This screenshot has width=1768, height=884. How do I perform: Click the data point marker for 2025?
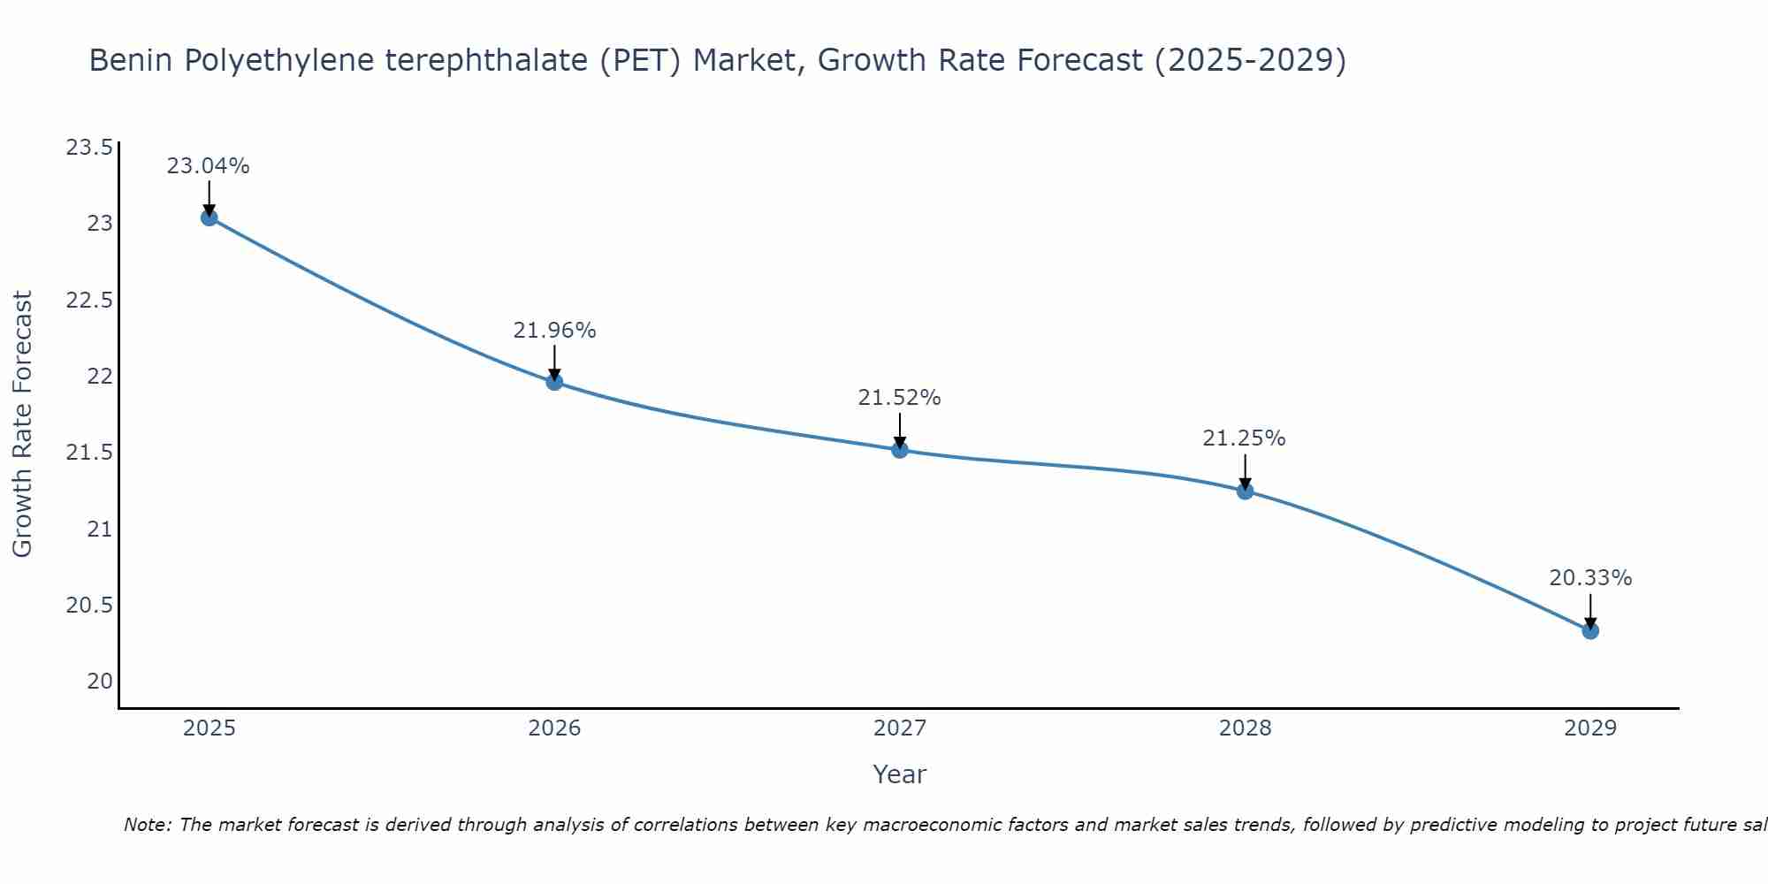click(x=210, y=217)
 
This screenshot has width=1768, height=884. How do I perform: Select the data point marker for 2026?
click(x=554, y=382)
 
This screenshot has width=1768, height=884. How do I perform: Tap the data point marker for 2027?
click(x=900, y=450)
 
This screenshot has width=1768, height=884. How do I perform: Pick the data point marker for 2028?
click(x=1245, y=491)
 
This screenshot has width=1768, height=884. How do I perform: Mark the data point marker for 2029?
click(x=1590, y=630)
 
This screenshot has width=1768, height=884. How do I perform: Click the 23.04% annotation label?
click(x=209, y=166)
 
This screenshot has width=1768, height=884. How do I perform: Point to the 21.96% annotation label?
click(x=554, y=331)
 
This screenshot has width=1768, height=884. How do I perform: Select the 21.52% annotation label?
click(x=900, y=398)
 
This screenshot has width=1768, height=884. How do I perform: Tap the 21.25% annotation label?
click(x=1245, y=438)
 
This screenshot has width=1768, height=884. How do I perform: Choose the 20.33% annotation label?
click(x=1590, y=578)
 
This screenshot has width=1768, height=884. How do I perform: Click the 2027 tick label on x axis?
click(x=900, y=728)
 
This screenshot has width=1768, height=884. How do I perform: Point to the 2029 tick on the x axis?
click(x=1590, y=728)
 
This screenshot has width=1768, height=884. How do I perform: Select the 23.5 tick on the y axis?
click(x=89, y=148)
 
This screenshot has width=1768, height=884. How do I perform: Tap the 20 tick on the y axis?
click(x=100, y=682)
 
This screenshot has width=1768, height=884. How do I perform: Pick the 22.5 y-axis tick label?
click(x=89, y=301)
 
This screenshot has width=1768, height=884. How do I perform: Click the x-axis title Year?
click(x=900, y=774)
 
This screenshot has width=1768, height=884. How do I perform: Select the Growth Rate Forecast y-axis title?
click(x=22, y=424)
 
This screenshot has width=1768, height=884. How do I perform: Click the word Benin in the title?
click(x=132, y=61)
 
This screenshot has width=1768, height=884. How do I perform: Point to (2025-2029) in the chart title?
click(x=1250, y=61)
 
